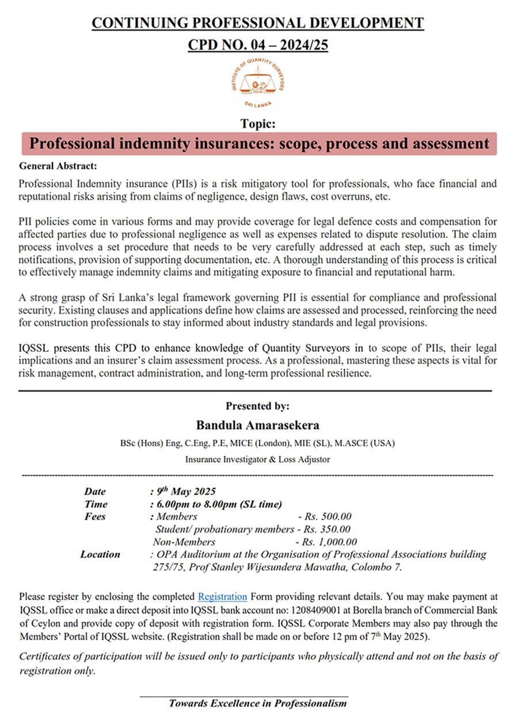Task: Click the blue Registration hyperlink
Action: pos(222,596)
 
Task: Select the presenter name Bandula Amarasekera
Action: pos(257,425)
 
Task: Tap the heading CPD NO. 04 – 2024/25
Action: pos(258,45)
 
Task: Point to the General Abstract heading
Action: pos(58,166)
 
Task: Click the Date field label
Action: pos(96,492)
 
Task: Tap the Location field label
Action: pos(100,554)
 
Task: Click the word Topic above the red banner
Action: pos(258,123)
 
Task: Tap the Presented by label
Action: pos(257,406)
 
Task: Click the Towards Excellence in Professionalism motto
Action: pos(258,704)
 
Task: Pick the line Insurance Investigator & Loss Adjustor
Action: pos(257,459)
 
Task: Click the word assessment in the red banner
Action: pos(447,143)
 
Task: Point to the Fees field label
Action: pos(95,517)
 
